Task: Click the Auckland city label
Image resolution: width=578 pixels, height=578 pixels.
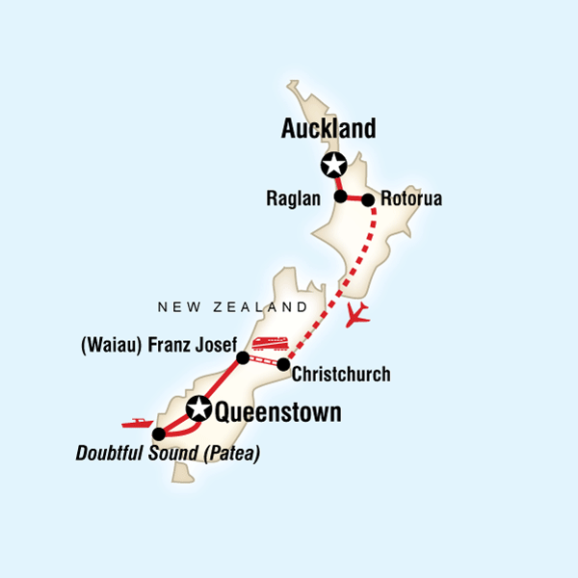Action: point(328,128)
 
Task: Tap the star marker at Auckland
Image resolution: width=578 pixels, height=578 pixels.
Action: point(334,165)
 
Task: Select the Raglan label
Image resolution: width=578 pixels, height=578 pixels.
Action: point(299,198)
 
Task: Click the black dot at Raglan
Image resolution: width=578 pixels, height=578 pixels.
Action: point(340,197)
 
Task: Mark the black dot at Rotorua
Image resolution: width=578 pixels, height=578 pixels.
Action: point(367,200)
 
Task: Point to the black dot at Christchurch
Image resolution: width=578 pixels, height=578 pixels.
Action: point(283,364)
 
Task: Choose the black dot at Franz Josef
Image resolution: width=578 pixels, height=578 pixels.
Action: point(243,357)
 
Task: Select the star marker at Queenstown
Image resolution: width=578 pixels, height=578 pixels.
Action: point(199,408)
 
